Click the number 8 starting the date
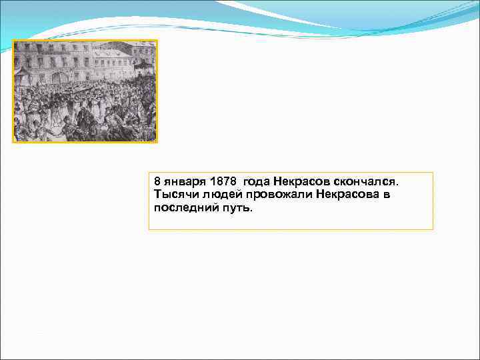pyautogui.click(x=157, y=181)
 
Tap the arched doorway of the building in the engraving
pyautogui.click(x=59, y=77)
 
